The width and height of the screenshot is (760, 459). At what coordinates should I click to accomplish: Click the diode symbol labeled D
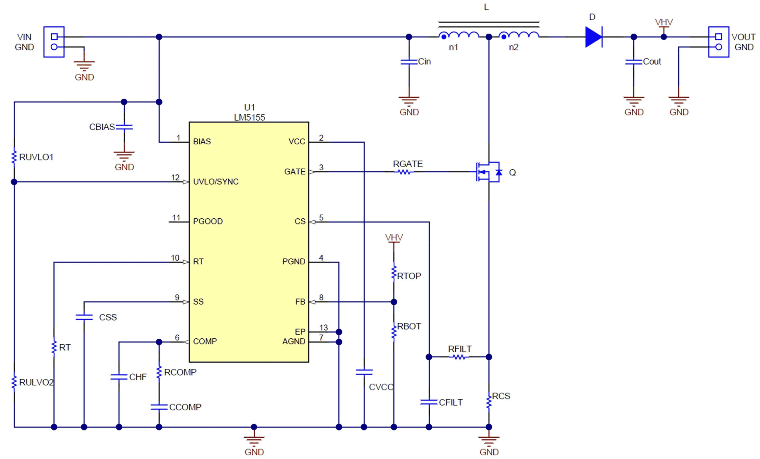click(593, 37)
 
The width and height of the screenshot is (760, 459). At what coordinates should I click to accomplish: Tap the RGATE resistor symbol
click(404, 172)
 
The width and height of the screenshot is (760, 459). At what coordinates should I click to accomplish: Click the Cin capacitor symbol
click(409, 62)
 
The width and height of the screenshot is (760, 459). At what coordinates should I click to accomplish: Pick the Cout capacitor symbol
click(633, 62)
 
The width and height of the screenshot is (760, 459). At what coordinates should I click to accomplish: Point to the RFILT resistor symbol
click(459, 357)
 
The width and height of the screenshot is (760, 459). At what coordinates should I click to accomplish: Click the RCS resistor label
click(501, 396)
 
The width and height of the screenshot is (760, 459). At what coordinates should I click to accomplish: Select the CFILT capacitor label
click(450, 402)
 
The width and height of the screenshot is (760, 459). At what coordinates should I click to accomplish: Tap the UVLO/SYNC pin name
click(216, 182)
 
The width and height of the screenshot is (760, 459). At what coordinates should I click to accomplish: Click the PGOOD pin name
click(208, 221)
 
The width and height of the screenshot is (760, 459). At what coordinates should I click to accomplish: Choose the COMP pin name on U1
click(205, 341)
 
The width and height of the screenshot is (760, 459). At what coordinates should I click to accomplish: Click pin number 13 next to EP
click(323, 328)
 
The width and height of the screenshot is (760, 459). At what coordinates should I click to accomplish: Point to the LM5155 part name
click(249, 117)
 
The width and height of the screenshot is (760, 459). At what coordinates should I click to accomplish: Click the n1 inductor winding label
click(453, 47)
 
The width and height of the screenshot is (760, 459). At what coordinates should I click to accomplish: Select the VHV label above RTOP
click(394, 237)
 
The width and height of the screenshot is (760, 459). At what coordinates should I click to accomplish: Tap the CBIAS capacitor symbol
click(124, 127)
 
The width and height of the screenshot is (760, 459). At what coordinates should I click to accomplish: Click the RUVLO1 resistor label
click(36, 157)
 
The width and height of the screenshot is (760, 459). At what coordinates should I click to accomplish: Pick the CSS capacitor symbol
click(84, 317)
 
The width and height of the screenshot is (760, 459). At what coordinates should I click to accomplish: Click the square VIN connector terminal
click(54, 37)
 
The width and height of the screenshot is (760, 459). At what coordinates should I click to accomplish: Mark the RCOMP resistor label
click(180, 372)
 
